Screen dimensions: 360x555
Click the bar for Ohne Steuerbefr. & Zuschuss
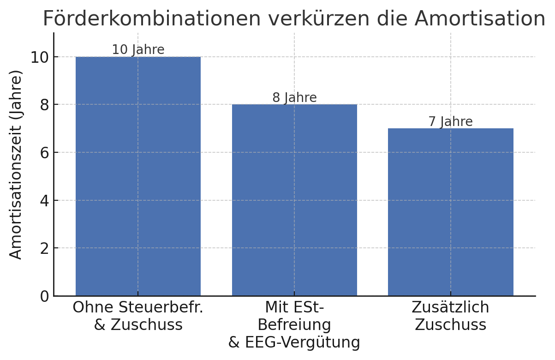pos(138,176)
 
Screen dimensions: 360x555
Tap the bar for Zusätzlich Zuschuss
pos(450,212)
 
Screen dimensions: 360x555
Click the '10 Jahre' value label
pos(138,50)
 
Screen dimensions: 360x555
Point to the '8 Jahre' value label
pos(294,98)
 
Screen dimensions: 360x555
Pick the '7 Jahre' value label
pos(450,122)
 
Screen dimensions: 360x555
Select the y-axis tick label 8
pos(44,105)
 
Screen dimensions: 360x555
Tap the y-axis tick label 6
pos(44,153)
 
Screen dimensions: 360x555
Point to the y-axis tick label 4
pos(44,200)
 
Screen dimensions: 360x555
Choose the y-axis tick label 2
pos(44,248)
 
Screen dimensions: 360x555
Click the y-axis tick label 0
pos(44,296)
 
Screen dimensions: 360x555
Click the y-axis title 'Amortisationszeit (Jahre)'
pos(16,165)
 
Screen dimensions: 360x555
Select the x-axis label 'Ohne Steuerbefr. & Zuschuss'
pos(138,316)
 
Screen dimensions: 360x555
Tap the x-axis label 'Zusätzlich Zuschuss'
pos(450,316)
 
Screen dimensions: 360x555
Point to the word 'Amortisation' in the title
pos(480,19)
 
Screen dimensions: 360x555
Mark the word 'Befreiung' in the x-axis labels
pos(294,325)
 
